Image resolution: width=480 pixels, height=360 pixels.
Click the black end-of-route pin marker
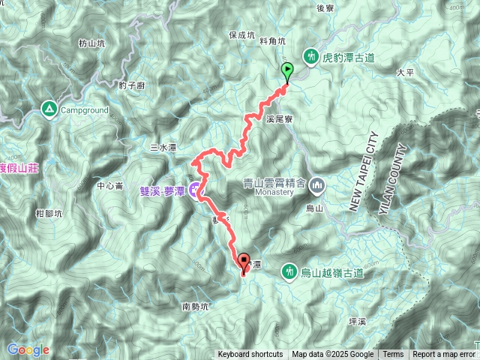point(244,263)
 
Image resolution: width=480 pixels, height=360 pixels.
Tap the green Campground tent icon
point(49,109)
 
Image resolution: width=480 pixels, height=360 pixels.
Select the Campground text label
point(85,110)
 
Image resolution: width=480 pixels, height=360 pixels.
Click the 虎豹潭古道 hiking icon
point(310,55)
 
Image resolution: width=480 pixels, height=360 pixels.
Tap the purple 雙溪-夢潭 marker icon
point(193,190)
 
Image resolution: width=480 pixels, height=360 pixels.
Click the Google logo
point(28,349)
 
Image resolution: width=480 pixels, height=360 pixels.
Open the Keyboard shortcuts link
point(250,355)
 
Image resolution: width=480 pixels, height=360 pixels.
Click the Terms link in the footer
point(393,355)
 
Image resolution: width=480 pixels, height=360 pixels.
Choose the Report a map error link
point(444,355)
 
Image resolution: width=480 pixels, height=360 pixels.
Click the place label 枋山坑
point(91,43)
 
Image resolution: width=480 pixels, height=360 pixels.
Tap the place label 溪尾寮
point(279,118)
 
